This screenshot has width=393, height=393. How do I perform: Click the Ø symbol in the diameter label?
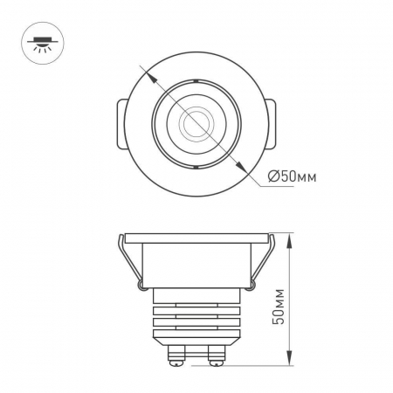pyautogui.click(x=274, y=177)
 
